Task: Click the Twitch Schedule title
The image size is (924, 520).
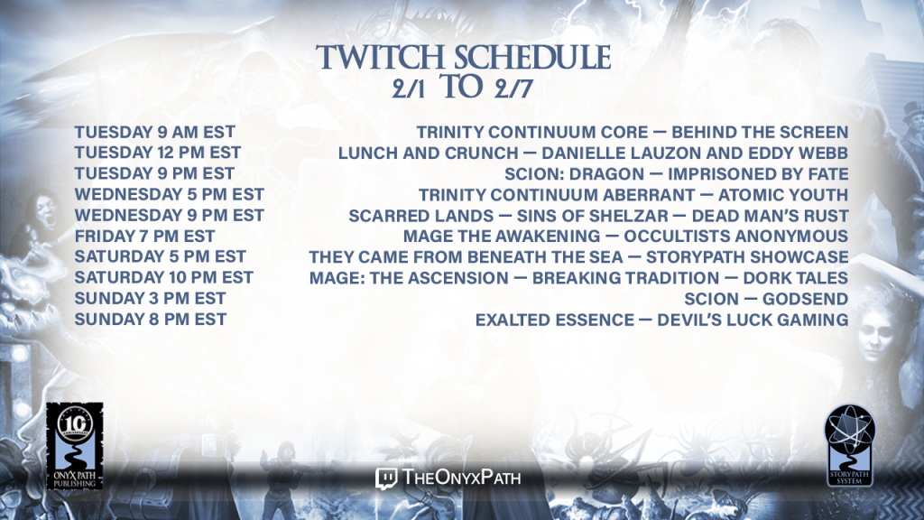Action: click(463, 59)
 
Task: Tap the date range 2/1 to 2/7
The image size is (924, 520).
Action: click(463, 88)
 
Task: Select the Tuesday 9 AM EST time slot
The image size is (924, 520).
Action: click(154, 132)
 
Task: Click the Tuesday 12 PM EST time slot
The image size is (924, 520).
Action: click(157, 153)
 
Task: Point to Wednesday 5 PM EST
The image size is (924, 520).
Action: click(169, 195)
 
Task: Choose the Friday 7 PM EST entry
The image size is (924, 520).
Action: click(144, 237)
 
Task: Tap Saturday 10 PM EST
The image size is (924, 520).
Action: click(164, 278)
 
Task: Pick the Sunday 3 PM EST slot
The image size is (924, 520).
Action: click(150, 298)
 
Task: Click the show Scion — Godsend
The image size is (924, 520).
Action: click(766, 299)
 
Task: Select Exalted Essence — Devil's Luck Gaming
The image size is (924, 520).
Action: click(661, 320)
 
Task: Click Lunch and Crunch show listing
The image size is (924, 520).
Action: click(593, 153)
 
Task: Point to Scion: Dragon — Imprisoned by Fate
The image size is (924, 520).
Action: click(677, 174)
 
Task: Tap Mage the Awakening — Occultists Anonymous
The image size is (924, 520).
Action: click(626, 237)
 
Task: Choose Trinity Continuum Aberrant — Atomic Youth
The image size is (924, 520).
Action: click(633, 195)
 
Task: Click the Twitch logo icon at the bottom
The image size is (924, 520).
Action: click(386, 478)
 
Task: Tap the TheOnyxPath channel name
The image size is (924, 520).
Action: click(461, 477)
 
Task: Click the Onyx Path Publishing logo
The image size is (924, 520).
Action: click(75, 446)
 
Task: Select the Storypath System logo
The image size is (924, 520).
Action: click(849, 445)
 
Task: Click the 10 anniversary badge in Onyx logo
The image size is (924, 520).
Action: click(75, 422)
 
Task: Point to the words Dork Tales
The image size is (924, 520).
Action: click(796, 278)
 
